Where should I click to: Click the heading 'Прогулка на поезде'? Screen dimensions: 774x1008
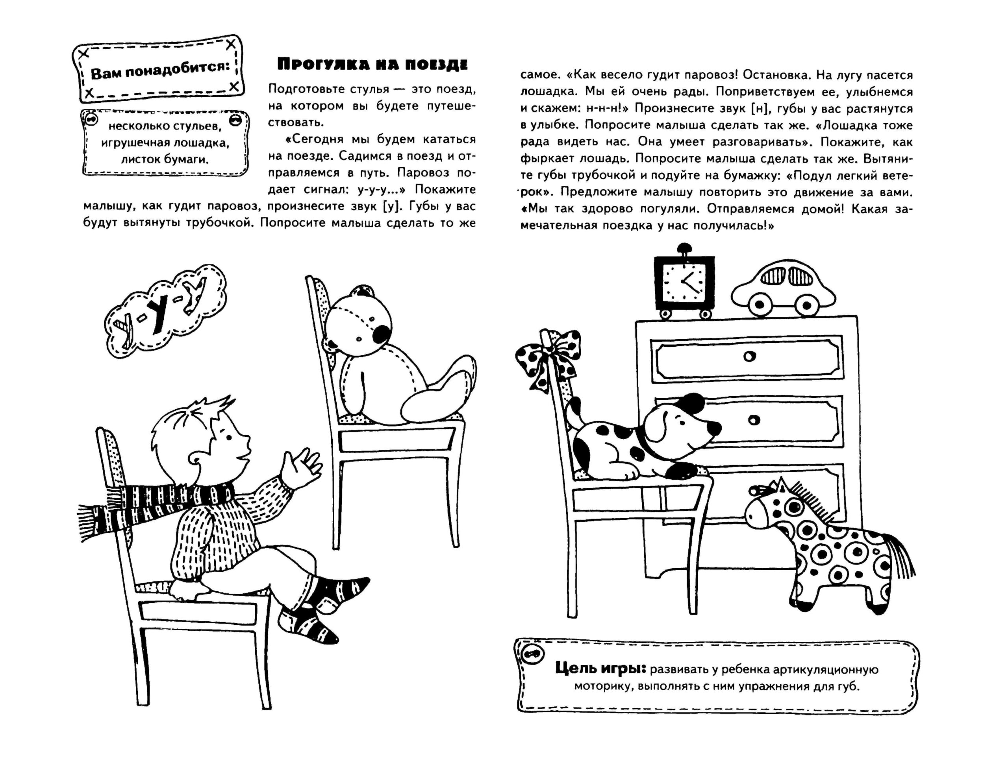372,65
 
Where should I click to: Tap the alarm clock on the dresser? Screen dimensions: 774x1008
684,283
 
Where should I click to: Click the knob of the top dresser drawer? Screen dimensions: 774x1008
749,357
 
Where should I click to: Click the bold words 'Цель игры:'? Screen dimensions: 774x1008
600,668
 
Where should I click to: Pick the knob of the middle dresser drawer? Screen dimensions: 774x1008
754,420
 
